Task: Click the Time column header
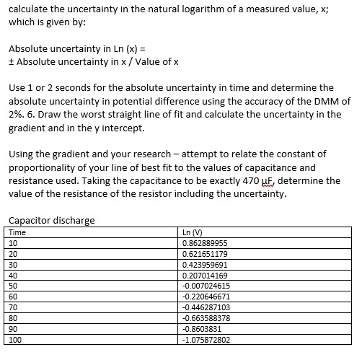pyautogui.click(x=17, y=232)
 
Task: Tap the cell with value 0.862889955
pyautogui.click(x=206, y=243)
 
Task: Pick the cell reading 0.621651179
pyautogui.click(x=206, y=254)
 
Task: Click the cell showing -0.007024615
pyautogui.click(x=207, y=286)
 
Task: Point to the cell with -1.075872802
pyautogui.click(x=207, y=339)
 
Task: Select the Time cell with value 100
pyautogui.click(x=15, y=339)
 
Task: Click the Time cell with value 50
pyautogui.click(x=13, y=286)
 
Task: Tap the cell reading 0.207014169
pyautogui.click(x=206, y=275)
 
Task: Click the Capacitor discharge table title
pyautogui.click(x=51, y=220)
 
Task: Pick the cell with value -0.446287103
pyautogui.click(x=207, y=307)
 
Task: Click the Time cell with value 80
pyautogui.click(x=13, y=317)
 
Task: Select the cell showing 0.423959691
pyautogui.click(x=206, y=264)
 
